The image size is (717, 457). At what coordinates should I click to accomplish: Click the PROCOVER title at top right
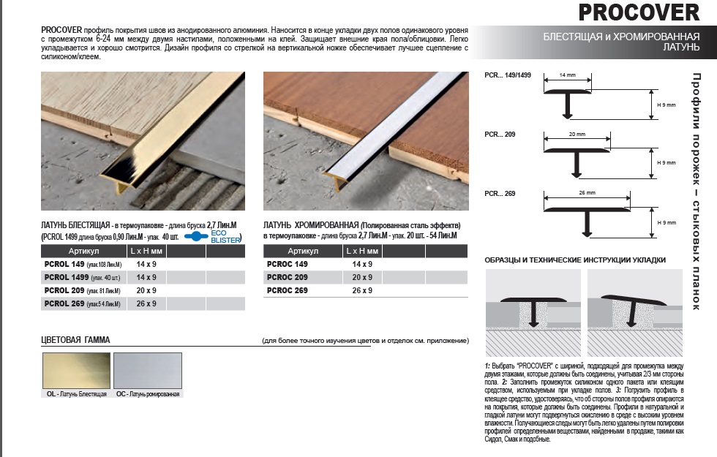click(639, 12)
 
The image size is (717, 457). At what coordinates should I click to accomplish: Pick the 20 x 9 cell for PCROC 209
click(361, 277)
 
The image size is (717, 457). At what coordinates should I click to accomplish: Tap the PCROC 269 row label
click(286, 290)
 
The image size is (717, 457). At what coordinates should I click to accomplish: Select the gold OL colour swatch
click(76, 371)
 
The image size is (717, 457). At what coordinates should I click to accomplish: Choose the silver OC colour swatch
click(148, 371)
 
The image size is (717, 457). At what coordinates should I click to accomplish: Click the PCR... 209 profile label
click(500, 134)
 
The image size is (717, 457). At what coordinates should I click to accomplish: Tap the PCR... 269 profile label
click(500, 192)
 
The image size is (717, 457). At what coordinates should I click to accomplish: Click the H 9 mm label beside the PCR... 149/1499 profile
click(667, 105)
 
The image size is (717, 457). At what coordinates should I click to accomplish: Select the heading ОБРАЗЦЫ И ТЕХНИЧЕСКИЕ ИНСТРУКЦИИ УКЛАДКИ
click(575, 260)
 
